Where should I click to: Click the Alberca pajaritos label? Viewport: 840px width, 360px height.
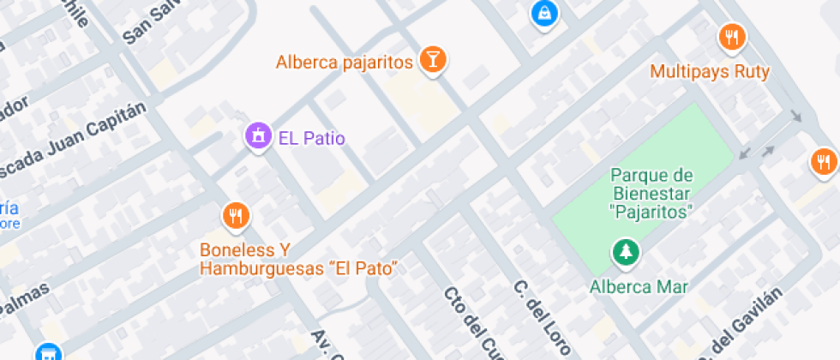[345, 62]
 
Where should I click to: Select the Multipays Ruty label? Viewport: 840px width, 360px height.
[710, 72]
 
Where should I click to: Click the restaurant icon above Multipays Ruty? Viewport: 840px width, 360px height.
[731, 38]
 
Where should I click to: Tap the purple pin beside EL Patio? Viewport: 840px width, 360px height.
[256, 135]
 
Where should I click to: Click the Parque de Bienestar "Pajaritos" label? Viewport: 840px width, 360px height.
[651, 193]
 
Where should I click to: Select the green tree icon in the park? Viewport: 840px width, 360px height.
[625, 252]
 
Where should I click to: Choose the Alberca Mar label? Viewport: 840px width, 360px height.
[639, 286]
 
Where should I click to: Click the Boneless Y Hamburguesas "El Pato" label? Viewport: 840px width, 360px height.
[300, 259]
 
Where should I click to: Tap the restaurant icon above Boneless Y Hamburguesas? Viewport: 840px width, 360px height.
[236, 216]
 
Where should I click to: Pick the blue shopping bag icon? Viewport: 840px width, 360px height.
[543, 14]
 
